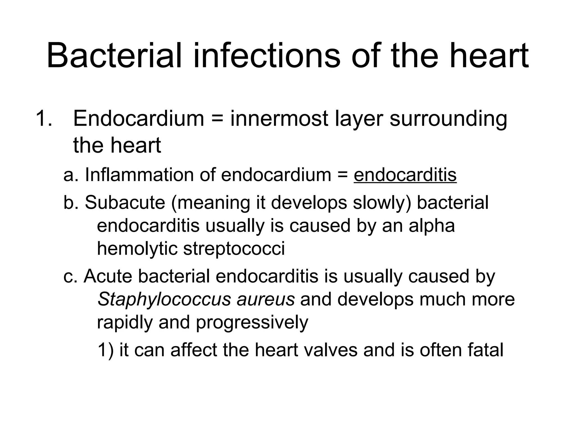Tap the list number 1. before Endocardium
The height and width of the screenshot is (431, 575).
click(44, 118)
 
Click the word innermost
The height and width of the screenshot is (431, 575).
click(279, 118)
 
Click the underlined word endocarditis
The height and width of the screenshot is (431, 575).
click(405, 175)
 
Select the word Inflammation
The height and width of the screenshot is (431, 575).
click(139, 175)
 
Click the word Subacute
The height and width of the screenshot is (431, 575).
click(125, 203)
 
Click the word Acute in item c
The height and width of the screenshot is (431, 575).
click(108, 276)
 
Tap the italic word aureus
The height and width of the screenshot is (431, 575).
click(266, 300)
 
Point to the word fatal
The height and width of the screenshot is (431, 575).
click(485, 350)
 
